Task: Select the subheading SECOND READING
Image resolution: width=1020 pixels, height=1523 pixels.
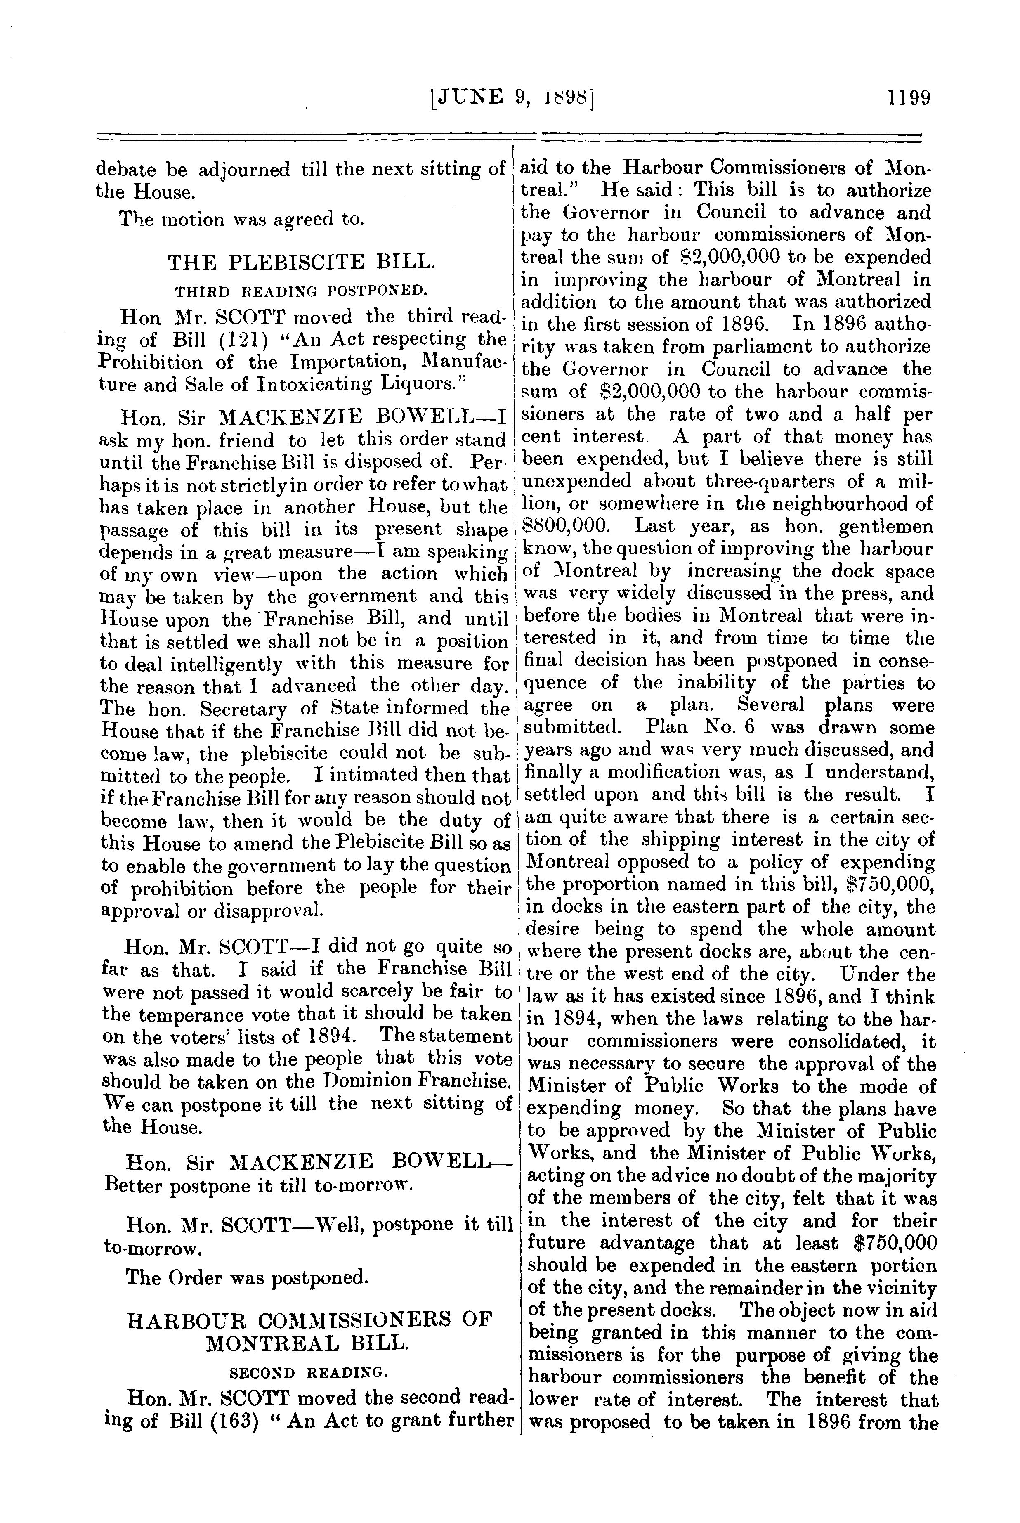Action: click(x=309, y=1373)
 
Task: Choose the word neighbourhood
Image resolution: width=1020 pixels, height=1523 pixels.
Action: click(x=835, y=504)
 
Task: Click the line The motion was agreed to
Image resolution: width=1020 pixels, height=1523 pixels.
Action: click(x=241, y=219)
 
